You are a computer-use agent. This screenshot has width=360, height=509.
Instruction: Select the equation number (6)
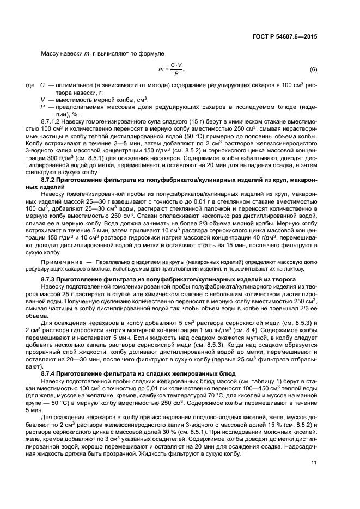pyautogui.click(x=313, y=69)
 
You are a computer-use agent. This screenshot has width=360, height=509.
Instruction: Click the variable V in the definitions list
pyautogui.click(x=42, y=100)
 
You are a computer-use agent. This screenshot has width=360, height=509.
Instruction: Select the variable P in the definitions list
pyautogui.click(x=42, y=107)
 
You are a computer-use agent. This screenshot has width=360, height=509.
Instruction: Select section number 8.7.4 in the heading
pyautogui.click(x=50, y=373)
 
